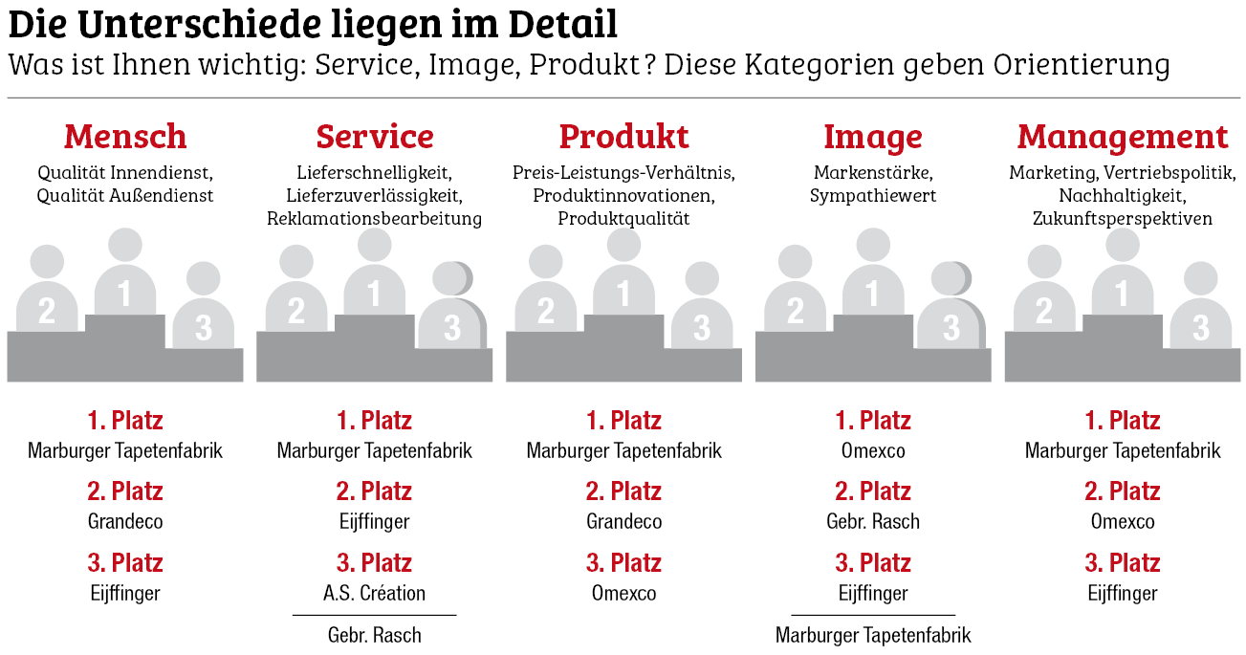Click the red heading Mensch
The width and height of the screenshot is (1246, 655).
pos(125,137)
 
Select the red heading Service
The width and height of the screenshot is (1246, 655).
pos(375,137)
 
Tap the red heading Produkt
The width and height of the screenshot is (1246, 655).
pos(623,137)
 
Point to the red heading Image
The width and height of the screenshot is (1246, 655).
pos(873,137)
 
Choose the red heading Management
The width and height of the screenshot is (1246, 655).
pos(1123,137)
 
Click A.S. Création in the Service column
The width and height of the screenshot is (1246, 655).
pos(375,593)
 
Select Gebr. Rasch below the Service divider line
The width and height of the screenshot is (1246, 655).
pos(375,635)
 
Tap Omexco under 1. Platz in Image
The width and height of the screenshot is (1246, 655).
pos(873,450)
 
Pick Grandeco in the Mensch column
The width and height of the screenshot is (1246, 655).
pos(125,522)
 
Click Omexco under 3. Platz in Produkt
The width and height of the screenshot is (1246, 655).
pos(623,593)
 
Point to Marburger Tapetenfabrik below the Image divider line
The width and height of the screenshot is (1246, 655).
pos(873,635)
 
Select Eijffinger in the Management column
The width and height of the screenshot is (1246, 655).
pos(1123,593)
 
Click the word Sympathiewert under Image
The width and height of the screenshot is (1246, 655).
pos(873,196)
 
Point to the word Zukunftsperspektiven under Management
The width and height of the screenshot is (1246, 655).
pos(1123,219)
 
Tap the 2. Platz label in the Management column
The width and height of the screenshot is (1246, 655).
pos(1123,491)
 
